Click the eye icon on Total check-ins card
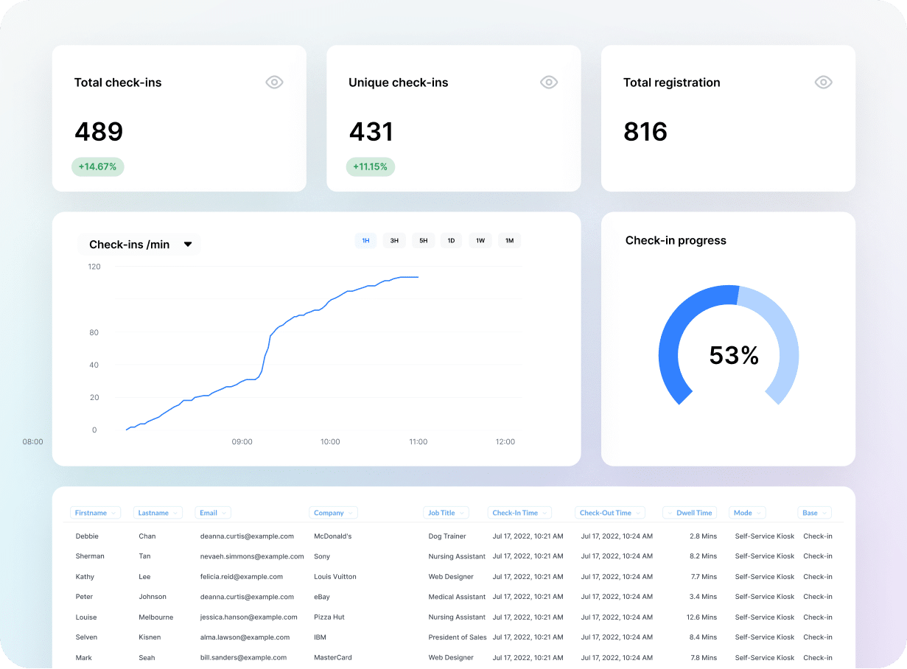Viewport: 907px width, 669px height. [x=274, y=83]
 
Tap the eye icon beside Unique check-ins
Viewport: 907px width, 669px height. [x=549, y=83]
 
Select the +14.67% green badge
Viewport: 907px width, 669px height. [x=98, y=167]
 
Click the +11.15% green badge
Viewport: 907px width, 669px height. [x=371, y=167]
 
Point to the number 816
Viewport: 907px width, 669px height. [x=645, y=132]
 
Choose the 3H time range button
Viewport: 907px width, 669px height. [x=394, y=240]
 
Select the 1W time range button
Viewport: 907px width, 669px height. [x=480, y=240]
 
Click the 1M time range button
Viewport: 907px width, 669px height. [x=509, y=240]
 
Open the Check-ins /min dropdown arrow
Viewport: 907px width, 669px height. [x=188, y=245]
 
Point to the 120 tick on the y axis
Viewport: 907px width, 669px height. [x=94, y=267]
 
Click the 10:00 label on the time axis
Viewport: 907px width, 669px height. [x=330, y=442]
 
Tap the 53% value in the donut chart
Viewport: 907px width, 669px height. [x=734, y=356]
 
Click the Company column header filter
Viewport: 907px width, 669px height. [x=334, y=513]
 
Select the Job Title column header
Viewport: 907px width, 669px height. [x=447, y=513]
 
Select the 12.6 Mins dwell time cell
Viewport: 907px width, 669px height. [x=701, y=617]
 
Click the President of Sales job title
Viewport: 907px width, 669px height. [x=458, y=637]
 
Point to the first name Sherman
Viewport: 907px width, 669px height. [x=90, y=556]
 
